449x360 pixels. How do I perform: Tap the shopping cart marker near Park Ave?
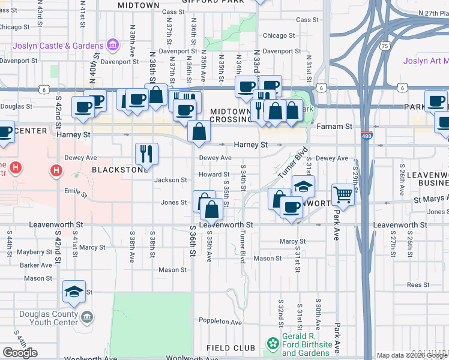tap(343, 193)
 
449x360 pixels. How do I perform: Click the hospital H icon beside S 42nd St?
tap(56, 171)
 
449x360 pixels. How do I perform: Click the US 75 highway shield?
tap(384, 45)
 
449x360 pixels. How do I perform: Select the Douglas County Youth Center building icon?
tap(86, 316)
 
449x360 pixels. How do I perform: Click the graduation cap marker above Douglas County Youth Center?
tap(74, 292)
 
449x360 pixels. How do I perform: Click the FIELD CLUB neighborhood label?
tap(231, 348)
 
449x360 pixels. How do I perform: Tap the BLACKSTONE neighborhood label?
tap(119, 170)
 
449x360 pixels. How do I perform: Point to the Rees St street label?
tap(416, 285)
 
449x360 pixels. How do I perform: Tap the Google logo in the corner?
tap(20, 353)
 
